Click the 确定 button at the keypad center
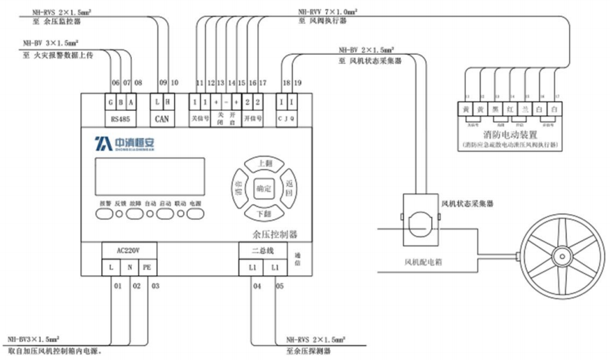[x=263, y=188]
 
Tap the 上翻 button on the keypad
[x=264, y=163]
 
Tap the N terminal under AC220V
[x=129, y=267]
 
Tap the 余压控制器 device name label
[x=274, y=234]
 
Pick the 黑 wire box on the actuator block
[x=495, y=109]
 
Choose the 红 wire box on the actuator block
[x=510, y=109]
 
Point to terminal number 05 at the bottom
[x=279, y=285]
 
